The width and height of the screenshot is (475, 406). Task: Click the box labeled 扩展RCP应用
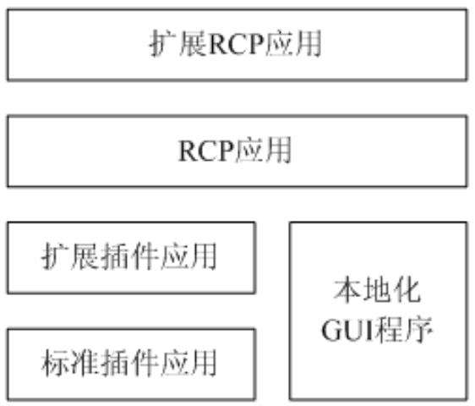pos(237,45)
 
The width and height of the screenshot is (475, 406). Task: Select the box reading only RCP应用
pos(237,151)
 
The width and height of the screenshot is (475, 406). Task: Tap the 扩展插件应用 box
pos(132,258)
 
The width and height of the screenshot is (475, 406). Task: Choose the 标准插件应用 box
pos(132,365)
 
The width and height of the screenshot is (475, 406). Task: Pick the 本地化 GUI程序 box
pos(378,311)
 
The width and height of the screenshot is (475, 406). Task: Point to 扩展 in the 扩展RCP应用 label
pos(178,44)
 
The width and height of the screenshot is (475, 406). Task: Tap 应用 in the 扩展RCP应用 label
pos(293,44)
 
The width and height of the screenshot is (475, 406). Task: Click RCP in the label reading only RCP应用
pos(207,151)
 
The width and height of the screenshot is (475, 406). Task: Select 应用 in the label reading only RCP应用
pos(264,151)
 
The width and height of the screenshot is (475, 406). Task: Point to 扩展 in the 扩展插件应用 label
pos(71,256)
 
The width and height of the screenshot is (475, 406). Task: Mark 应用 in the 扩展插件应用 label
pos(188,256)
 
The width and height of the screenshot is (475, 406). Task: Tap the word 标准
pos(71,363)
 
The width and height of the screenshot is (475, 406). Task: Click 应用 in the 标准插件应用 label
pos(188,363)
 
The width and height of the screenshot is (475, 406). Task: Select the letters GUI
pos(348,331)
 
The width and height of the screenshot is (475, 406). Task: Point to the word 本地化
pos(378,291)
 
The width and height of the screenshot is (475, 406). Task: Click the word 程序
pos(404,330)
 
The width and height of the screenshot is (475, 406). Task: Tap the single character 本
pos(348,291)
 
